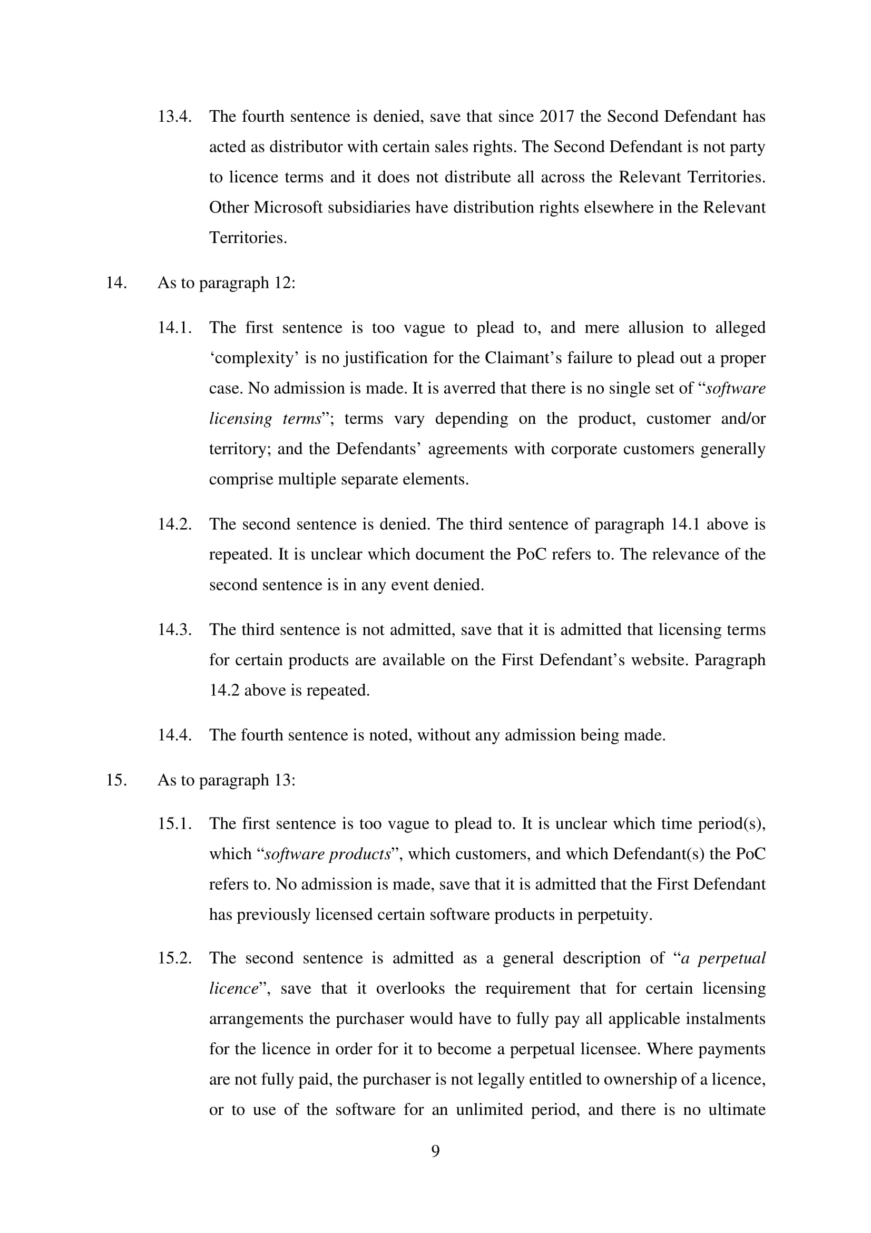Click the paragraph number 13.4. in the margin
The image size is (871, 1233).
point(174,116)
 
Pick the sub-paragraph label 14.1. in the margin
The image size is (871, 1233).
point(174,327)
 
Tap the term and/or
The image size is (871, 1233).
point(743,419)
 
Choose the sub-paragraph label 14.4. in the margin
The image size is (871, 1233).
point(174,735)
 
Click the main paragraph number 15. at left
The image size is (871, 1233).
point(116,780)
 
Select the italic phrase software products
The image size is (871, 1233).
point(328,855)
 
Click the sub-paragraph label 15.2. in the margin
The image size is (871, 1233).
point(174,958)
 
